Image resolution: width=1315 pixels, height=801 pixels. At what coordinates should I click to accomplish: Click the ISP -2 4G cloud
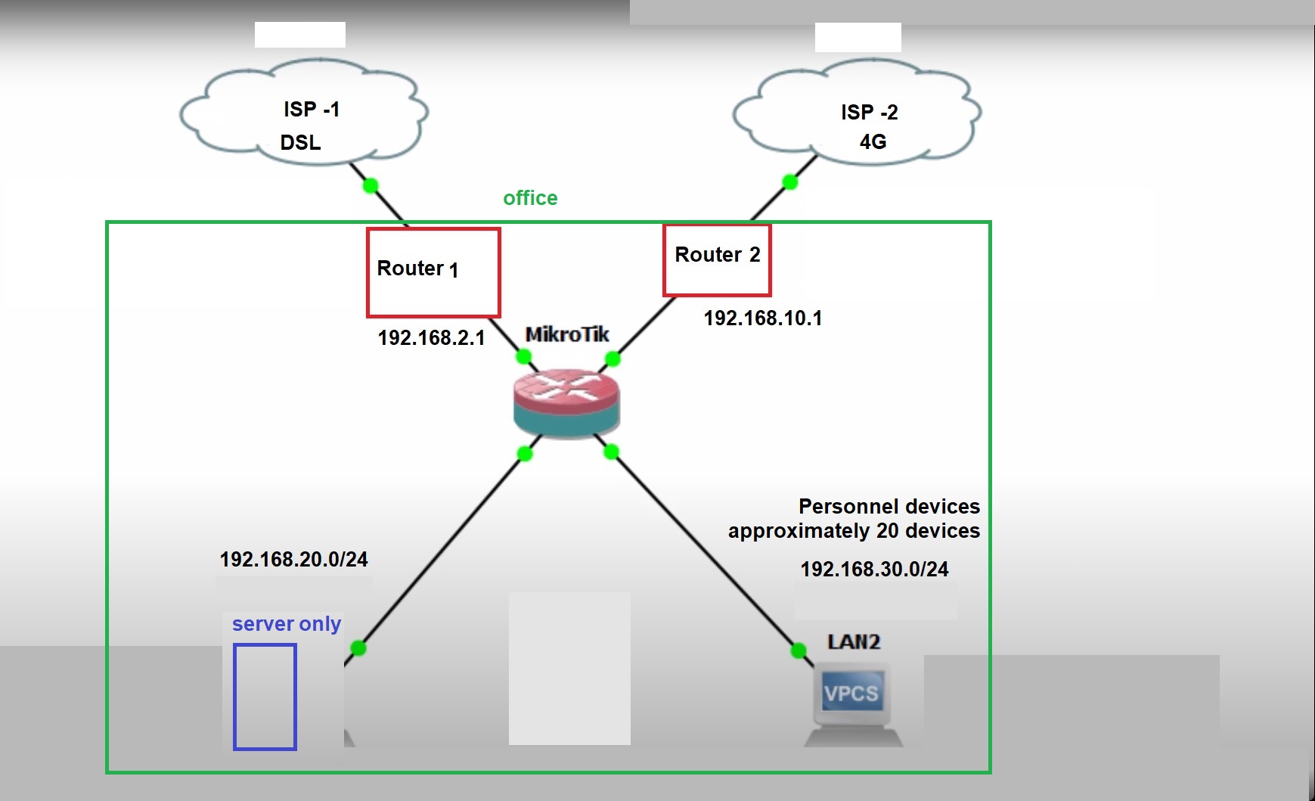point(857,115)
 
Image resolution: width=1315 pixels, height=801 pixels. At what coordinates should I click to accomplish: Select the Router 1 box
point(433,272)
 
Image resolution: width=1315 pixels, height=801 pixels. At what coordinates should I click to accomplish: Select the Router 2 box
point(717,260)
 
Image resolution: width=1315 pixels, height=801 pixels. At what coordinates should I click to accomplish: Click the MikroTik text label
point(567,334)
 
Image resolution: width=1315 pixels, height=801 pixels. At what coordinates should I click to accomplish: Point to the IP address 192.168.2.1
point(431,337)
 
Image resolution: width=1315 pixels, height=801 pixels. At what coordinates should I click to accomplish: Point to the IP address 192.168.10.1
point(762,318)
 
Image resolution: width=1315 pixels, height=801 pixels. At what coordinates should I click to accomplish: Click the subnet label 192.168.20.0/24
point(293,559)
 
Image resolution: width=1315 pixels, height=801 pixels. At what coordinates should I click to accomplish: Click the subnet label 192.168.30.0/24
point(874,569)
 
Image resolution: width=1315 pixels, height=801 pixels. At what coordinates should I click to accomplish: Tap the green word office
point(530,198)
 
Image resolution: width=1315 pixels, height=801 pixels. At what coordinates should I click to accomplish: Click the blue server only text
point(286,624)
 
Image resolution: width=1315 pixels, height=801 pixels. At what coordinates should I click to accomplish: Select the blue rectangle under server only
point(265,697)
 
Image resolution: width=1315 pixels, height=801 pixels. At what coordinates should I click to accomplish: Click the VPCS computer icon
point(852,700)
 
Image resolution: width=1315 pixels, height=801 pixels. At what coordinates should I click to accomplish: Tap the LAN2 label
point(854,642)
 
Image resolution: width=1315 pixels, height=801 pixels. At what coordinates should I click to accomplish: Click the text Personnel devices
point(889,506)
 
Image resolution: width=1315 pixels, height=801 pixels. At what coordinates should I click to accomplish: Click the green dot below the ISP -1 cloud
point(371,185)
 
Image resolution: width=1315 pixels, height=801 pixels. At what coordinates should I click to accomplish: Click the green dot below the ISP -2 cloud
point(790,182)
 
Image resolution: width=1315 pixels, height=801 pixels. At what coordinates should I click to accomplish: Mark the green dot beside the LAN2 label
point(798,650)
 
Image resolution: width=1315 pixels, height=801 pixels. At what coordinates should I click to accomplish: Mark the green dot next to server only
point(358,648)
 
